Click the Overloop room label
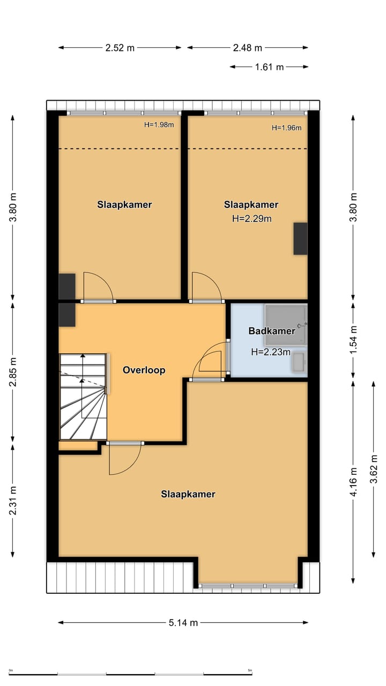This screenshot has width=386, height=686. (144, 370)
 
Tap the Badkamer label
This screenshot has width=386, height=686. (271, 331)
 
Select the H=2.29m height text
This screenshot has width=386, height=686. (251, 218)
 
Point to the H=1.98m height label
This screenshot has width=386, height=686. (159, 125)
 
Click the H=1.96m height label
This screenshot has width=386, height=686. (286, 128)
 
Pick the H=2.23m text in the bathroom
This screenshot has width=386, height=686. (271, 352)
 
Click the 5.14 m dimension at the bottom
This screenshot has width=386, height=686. (183, 623)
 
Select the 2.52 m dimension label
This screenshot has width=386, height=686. (120, 48)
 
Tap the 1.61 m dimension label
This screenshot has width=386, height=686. (269, 67)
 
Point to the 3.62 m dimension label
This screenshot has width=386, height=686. (374, 469)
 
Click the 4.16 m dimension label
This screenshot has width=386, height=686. (353, 482)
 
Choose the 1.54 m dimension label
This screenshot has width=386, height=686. (353, 340)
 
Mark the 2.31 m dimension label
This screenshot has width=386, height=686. (13, 501)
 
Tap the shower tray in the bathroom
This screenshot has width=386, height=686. (285, 324)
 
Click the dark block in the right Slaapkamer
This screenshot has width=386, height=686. (300, 238)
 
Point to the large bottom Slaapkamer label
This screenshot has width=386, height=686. (188, 494)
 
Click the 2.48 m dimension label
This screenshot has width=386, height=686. (248, 48)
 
